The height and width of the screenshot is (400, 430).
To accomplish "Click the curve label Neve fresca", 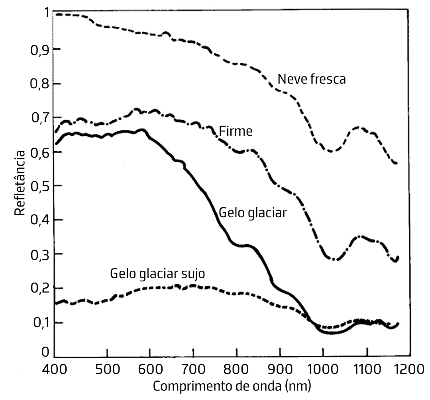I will [311, 79].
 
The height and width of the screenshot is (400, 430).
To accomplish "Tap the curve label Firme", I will [236, 131].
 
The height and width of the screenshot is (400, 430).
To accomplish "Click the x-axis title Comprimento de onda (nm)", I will [232, 386].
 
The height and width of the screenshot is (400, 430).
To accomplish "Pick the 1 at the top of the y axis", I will [46, 14].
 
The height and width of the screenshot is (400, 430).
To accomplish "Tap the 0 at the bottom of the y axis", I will [45, 352].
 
